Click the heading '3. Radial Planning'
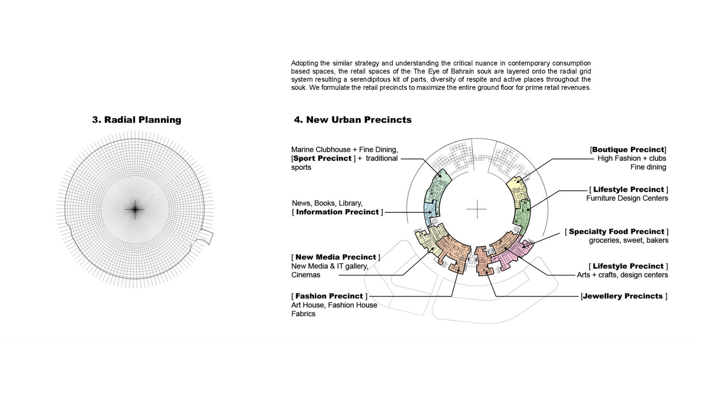(137, 120)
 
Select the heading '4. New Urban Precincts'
(353, 120)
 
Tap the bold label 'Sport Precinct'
(322, 158)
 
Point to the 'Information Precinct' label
(337, 212)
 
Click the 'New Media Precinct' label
(336, 257)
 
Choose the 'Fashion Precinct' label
(329, 296)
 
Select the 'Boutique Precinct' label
(628, 150)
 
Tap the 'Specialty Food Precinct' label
(617, 231)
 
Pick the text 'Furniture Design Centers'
(627, 198)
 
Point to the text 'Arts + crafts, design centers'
(622, 275)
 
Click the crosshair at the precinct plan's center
(477, 209)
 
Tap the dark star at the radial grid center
(135, 209)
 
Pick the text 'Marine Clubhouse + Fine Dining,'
(345, 150)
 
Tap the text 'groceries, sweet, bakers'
(629, 240)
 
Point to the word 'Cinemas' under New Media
(306, 275)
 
